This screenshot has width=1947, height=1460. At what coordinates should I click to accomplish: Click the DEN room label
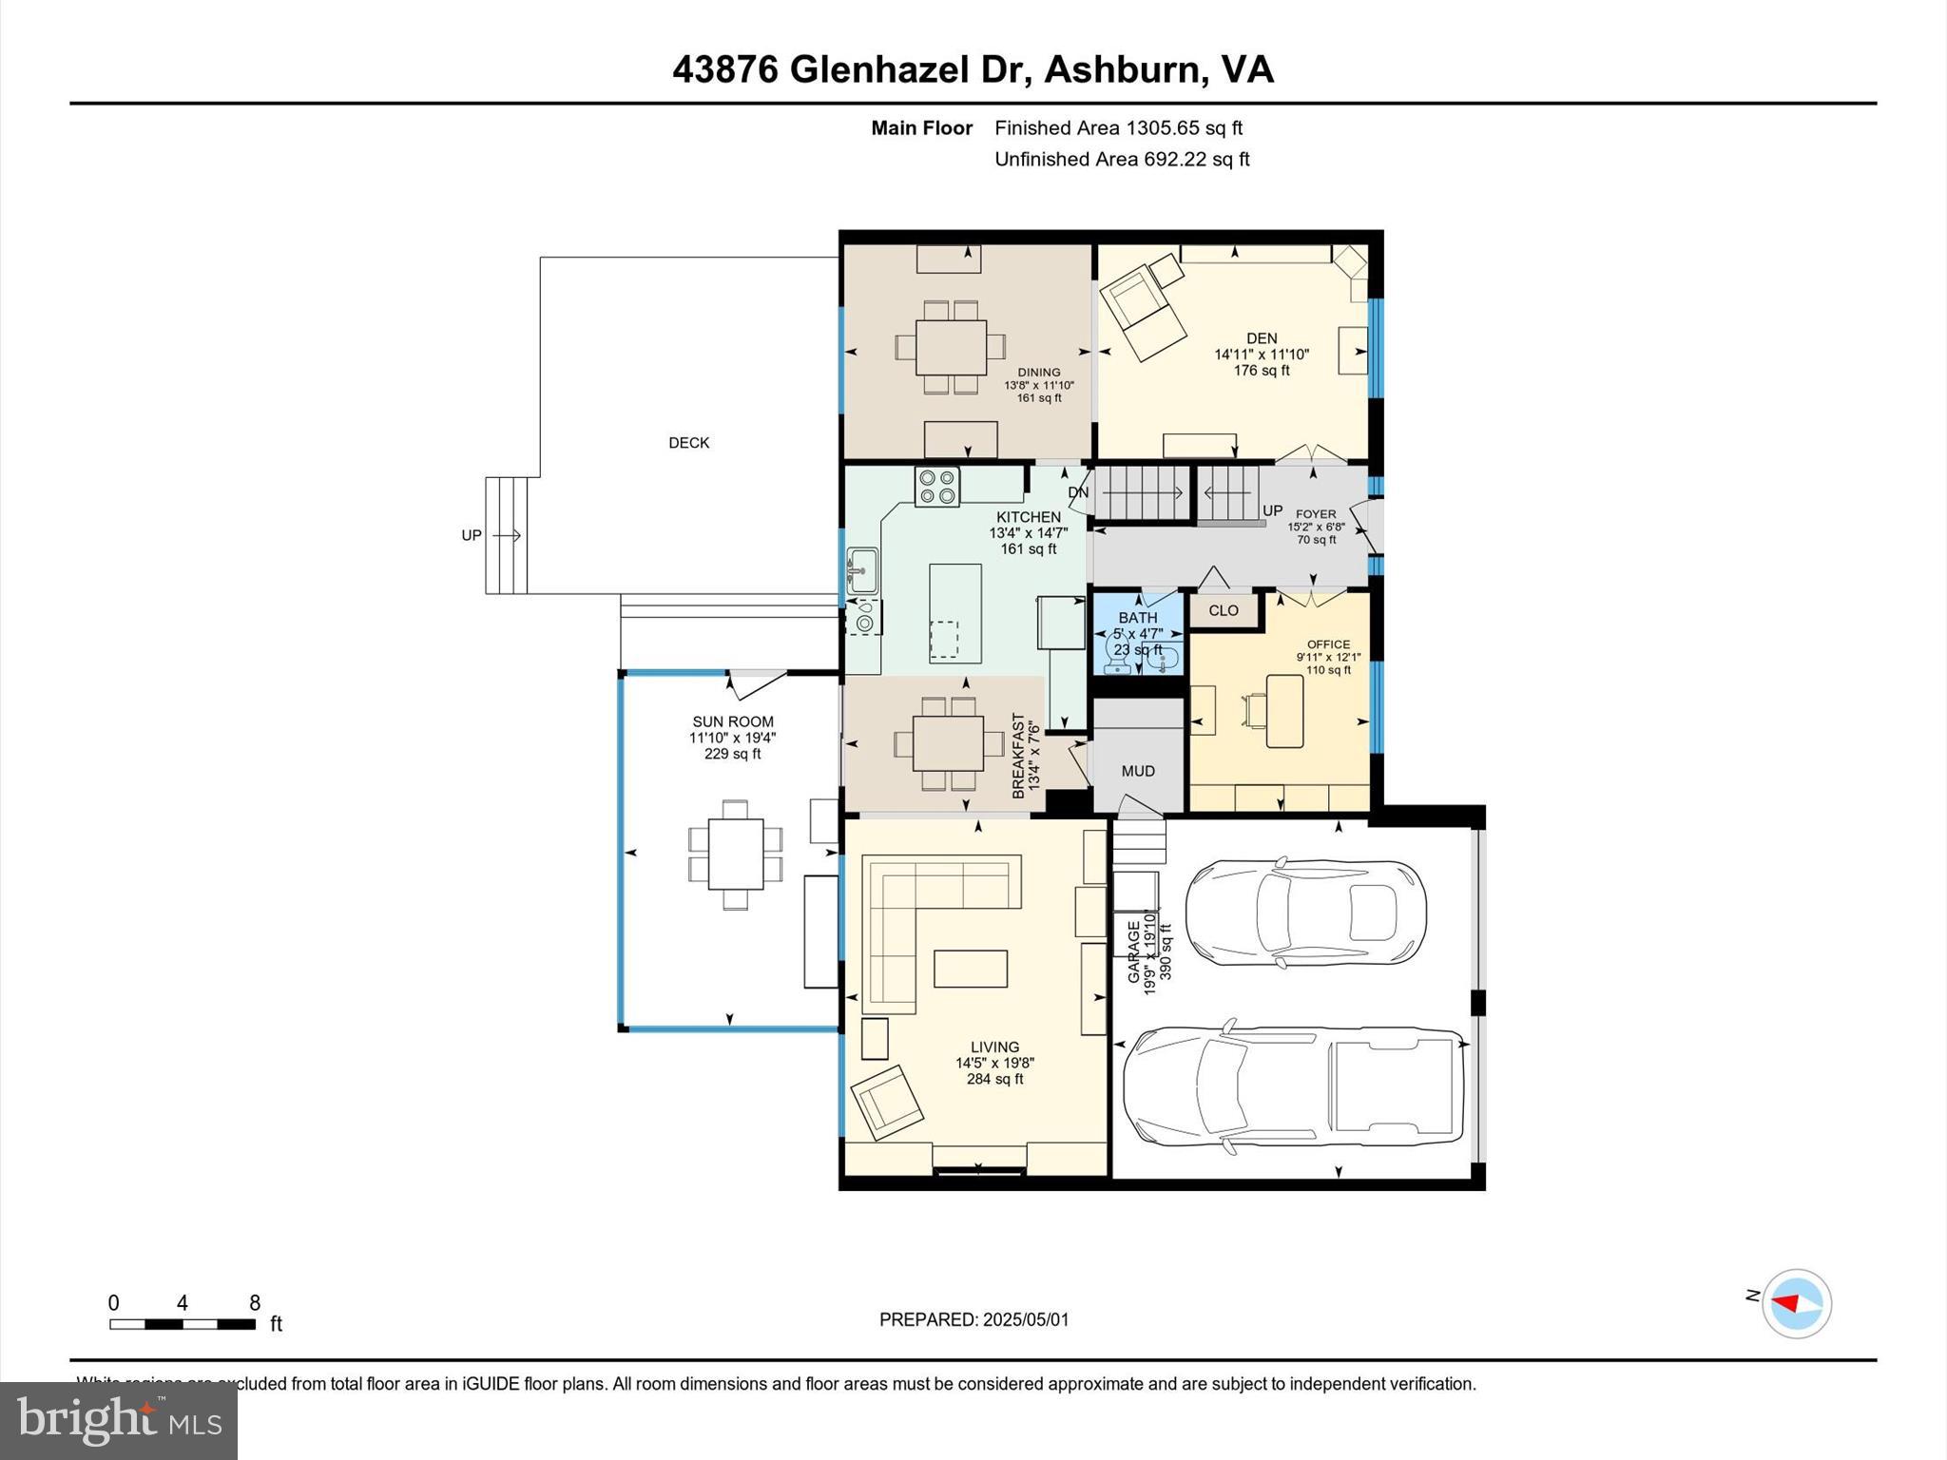pos(1262,338)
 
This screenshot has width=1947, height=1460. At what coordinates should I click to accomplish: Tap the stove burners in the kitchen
pos(937,486)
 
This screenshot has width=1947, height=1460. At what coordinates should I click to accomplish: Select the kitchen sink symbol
pos(862,570)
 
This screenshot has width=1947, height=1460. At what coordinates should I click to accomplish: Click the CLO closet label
pos(1224,610)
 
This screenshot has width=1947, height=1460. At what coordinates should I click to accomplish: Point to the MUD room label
pos(1137,771)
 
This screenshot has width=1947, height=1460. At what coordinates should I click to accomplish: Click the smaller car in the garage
pos(1305,913)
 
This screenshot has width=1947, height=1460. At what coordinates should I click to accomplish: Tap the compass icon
pos(1796,1303)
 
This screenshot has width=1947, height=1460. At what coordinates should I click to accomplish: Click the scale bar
pos(183,1323)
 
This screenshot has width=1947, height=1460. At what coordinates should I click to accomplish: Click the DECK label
pos(688,443)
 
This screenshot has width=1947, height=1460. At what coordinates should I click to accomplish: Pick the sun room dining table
pos(735,854)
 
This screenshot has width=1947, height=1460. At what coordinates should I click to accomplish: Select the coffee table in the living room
pos(970,969)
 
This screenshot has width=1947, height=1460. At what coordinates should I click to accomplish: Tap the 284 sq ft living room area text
pos(994,1080)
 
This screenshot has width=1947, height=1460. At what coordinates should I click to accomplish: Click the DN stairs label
pos(1078,492)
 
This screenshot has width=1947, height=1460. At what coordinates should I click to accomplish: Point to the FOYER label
pos(1316,514)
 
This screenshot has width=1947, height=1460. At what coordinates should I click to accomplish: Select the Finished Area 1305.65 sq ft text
pos(1118,128)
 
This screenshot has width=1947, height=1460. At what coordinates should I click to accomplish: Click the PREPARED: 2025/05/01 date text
pos(973,1319)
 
